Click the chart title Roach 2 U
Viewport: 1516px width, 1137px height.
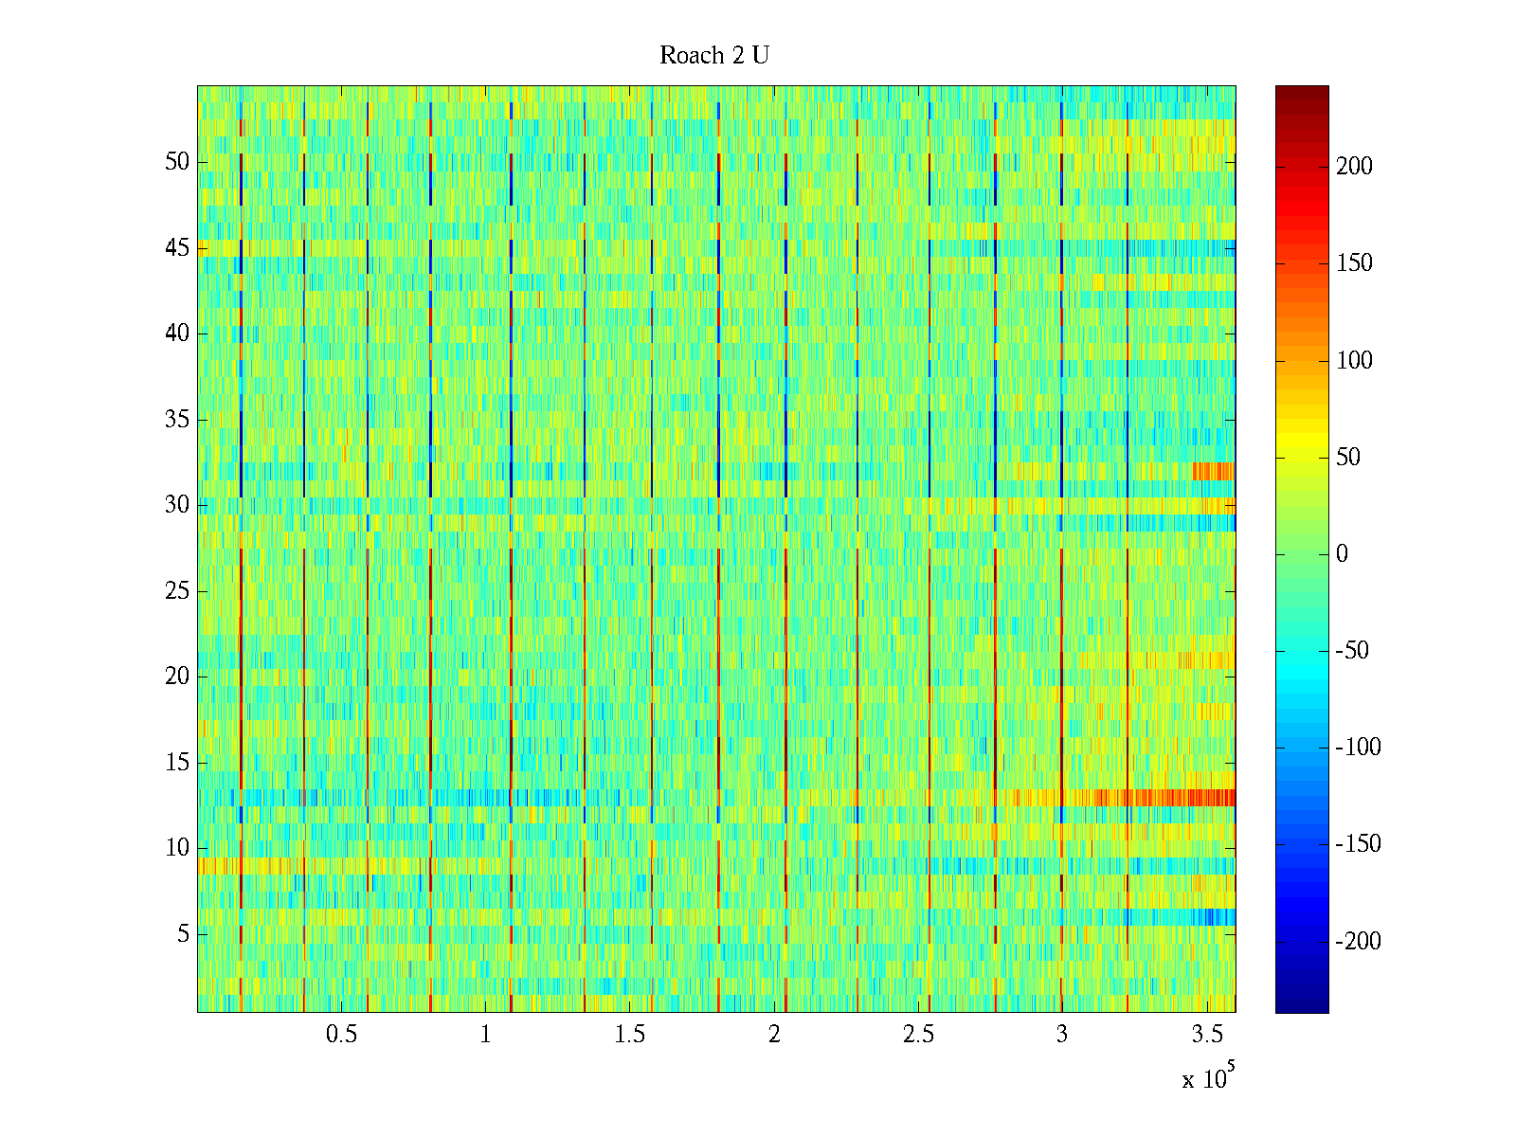tap(713, 56)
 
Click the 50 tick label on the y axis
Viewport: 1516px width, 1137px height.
tap(177, 162)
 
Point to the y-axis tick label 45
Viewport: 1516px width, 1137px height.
tap(177, 248)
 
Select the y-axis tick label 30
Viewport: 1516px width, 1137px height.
tap(177, 505)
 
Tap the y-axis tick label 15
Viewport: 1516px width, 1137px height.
tap(177, 763)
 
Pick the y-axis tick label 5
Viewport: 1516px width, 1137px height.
tap(183, 934)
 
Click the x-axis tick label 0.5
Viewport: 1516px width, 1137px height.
tap(341, 1035)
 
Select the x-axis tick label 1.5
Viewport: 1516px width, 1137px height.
tap(629, 1035)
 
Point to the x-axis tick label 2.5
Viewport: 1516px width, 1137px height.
tap(918, 1035)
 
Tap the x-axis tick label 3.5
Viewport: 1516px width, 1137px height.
tap(1206, 1035)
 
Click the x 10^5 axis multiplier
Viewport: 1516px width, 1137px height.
tap(1208, 1078)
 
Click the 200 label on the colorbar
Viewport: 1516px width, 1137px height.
tap(1354, 167)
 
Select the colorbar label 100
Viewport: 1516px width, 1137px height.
tap(1354, 360)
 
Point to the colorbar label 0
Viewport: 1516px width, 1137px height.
tap(1342, 554)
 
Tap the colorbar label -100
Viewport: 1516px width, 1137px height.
tap(1358, 748)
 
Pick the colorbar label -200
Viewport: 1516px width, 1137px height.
tap(1358, 941)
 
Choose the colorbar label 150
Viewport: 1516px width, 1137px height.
tap(1354, 263)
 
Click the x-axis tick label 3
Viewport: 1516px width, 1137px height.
tap(1062, 1035)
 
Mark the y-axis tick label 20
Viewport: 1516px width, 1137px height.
tap(177, 677)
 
